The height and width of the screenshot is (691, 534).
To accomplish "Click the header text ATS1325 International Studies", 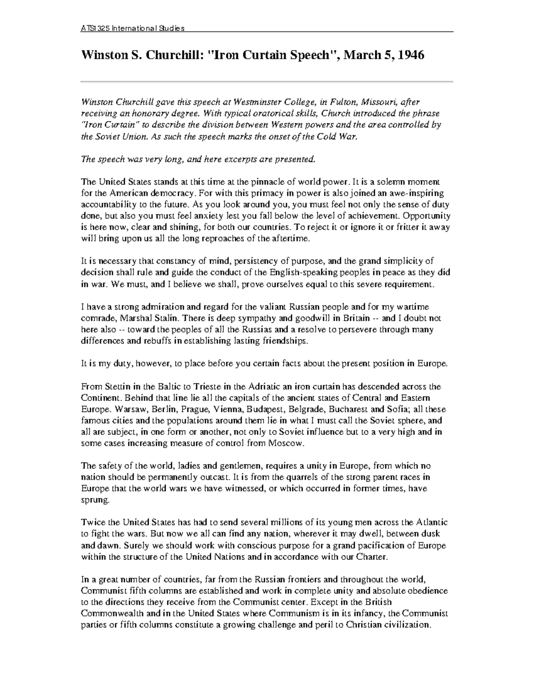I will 132,28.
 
